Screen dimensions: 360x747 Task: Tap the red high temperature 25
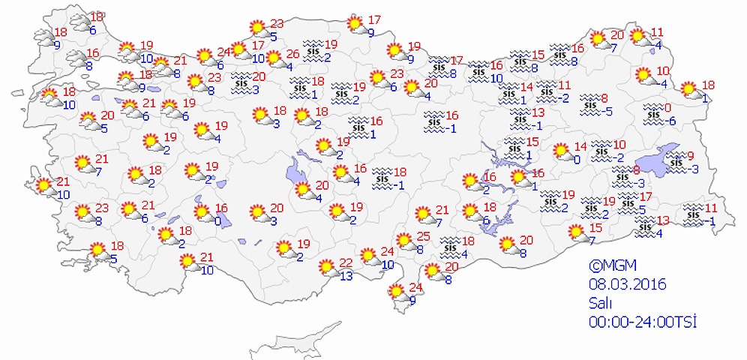tap(422, 237)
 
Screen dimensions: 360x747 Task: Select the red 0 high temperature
tap(668, 109)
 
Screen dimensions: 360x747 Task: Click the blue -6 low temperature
tap(671, 121)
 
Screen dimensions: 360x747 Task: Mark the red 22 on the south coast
tap(345, 262)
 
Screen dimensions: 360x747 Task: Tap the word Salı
tap(600, 303)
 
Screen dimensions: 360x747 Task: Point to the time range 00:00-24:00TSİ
tap(643, 321)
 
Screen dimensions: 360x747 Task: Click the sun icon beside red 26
tap(274, 58)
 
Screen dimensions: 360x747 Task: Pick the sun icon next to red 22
tap(326, 267)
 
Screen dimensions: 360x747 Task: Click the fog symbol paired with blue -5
tap(591, 102)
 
